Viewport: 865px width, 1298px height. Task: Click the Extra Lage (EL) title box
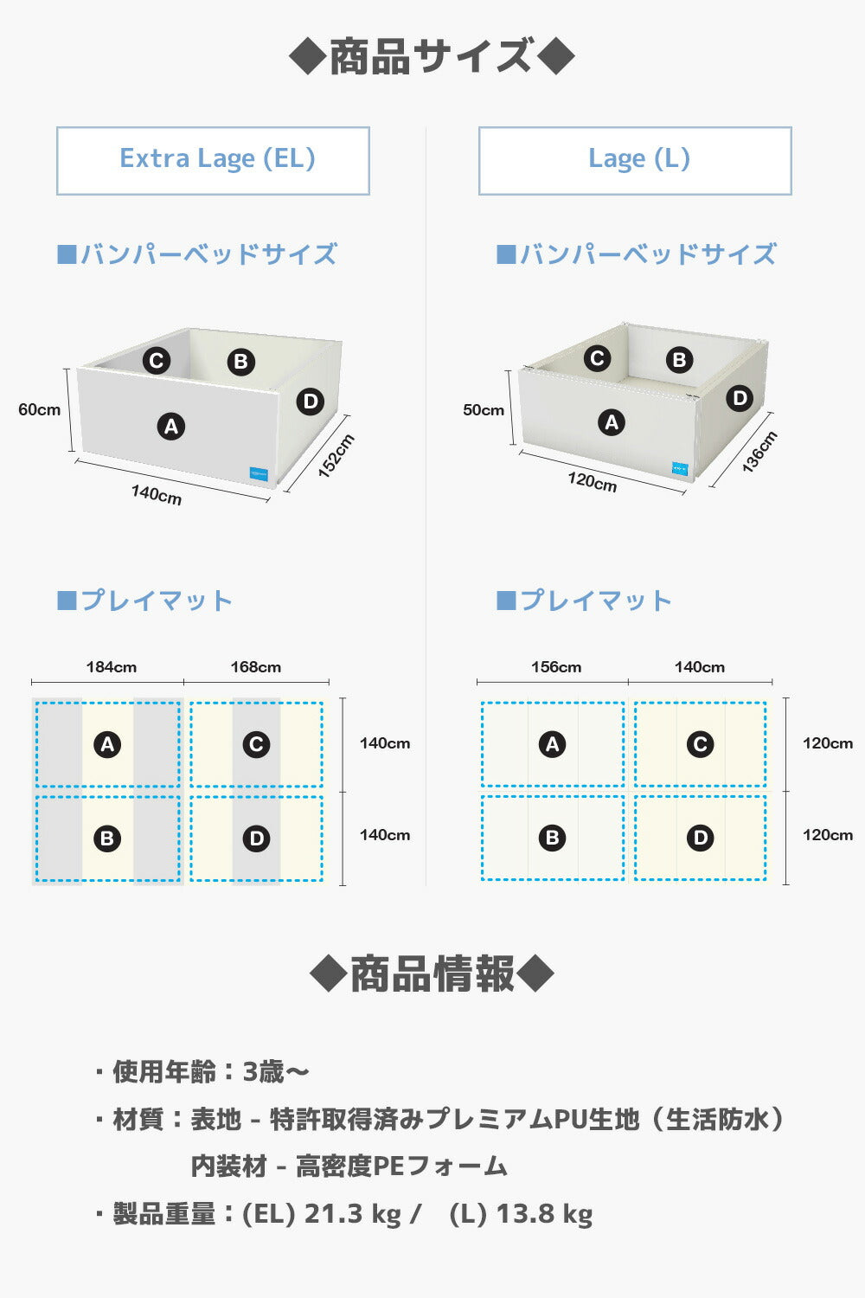click(213, 160)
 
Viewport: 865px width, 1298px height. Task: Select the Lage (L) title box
click(635, 160)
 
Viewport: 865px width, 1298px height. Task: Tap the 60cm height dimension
click(40, 409)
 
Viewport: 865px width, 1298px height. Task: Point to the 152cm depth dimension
click(336, 456)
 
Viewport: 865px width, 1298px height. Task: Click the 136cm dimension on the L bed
click(759, 451)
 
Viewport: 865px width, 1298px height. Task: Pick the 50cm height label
click(483, 409)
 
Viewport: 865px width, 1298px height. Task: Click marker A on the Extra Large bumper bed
click(170, 426)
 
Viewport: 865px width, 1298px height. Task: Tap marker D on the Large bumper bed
click(739, 398)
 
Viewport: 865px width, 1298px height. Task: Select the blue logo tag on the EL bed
click(259, 473)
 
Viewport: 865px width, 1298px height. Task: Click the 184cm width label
click(111, 667)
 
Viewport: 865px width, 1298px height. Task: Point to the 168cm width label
click(255, 667)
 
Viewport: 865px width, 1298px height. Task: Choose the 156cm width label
click(555, 667)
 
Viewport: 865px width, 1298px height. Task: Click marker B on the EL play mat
click(107, 838)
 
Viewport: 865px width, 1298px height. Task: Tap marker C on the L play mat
click(700, 744)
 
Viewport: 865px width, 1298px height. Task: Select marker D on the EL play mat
click(256, 838)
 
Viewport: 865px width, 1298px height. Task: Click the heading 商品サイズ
click(432, 57)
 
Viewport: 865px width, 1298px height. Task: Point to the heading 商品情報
click(432, 974)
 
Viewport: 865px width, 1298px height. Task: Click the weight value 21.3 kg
click(353, 1213)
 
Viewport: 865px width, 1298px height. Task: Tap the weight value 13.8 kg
click(544, 1213)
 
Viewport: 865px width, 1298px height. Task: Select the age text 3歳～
click(275, 1071)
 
